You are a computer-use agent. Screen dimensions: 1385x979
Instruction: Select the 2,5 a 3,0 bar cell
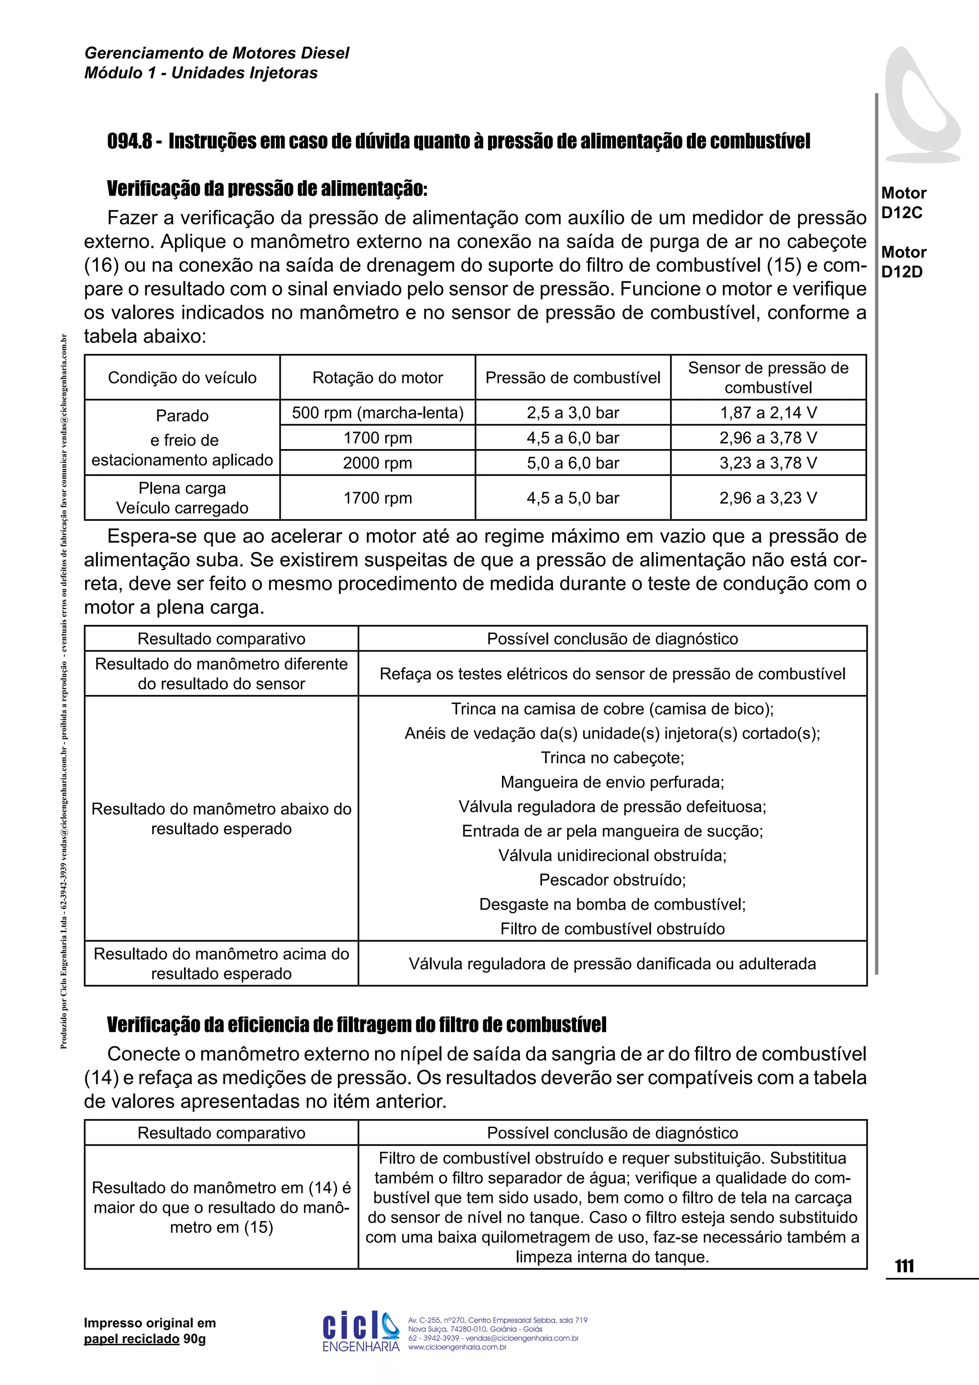point(573,413)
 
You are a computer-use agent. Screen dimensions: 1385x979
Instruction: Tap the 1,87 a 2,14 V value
point(768,413)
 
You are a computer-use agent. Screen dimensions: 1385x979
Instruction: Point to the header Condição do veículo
point(182,378)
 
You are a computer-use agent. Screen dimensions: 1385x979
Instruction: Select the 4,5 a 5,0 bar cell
point(573,498)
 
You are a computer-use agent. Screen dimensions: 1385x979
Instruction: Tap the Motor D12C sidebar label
point(903,203)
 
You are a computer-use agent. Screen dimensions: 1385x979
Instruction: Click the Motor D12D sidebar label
point(903,262)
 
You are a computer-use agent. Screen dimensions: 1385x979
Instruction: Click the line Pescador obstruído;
point(612,879)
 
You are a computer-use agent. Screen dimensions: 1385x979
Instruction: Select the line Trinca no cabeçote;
point(612,758)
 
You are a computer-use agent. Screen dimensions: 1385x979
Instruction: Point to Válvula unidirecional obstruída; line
point(612,856)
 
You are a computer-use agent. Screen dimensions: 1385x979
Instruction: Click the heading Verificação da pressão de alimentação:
point(267,189)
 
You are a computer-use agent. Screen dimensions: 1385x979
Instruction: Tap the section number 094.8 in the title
point(129,142)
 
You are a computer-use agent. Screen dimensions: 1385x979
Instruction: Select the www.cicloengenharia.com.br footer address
point(457,1347)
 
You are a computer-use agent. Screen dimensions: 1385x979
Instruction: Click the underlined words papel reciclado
point(131,1339)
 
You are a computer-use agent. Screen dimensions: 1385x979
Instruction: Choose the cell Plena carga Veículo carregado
point(182,498)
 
